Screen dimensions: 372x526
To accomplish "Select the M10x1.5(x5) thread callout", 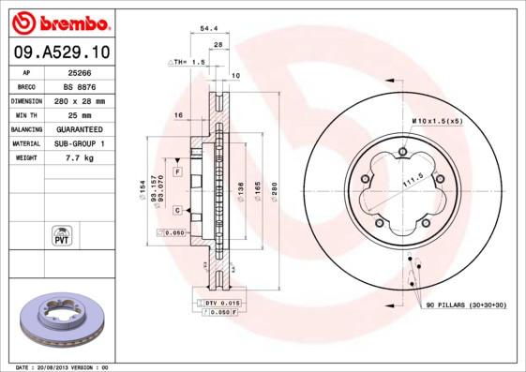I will click(438, 122).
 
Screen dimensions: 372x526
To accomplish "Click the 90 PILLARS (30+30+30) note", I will click(466, 305).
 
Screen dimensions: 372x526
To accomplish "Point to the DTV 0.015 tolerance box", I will click(222, 303).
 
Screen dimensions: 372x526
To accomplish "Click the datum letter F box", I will click(176, 172).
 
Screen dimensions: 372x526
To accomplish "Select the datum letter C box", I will click(176, 210).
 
